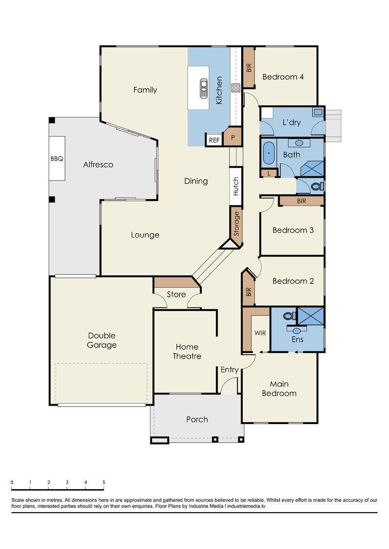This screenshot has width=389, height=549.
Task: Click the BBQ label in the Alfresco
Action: [x=57, y=158]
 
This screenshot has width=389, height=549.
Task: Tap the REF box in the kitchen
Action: [x=214, y=140]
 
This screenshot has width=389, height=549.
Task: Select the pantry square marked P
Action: [x=233, y=137]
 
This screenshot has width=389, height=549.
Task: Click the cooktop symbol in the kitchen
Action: [x=235, y=88]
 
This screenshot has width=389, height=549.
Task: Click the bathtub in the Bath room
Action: [x=269, y=154]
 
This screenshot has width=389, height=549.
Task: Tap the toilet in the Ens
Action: [x=289, y=316]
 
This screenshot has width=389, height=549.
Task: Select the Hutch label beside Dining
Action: [x=236, y=186]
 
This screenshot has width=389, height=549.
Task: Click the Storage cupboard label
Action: [x=236, y=223]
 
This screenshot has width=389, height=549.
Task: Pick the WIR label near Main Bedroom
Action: [x=260, y=333]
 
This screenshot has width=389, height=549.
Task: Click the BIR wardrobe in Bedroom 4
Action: [x=249, y=68]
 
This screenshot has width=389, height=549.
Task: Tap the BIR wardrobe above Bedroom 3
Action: [x=301, y=201]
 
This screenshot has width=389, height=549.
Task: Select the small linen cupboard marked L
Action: [x=269, y=173]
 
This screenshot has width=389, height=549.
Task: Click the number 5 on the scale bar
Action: [x=104, y=482]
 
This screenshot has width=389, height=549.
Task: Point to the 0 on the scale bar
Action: [x=12, y=482]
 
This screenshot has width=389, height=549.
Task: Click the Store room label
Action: [x=177, y=294]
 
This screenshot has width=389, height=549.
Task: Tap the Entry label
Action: [x=230, y=370]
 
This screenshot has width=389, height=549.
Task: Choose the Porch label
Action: [x=197, y=419]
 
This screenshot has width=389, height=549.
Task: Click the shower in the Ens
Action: [x=310, y=316]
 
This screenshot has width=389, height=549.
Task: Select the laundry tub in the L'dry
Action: [x=318, y=112]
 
